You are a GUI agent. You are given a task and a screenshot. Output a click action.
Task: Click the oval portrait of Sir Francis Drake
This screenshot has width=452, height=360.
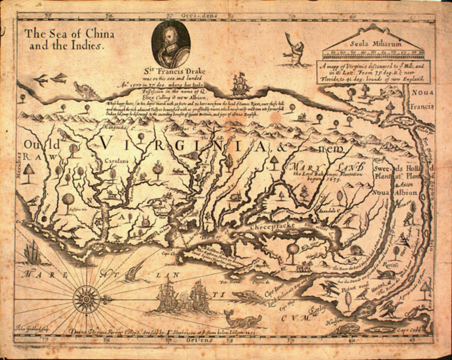[x=170, y=44]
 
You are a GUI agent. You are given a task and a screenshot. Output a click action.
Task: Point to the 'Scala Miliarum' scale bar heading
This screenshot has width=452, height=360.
[x=373, y=44]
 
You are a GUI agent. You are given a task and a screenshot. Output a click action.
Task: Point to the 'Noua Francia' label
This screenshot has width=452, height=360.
[x=422, y=100]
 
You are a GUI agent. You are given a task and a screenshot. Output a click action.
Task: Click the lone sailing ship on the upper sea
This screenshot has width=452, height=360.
[x=240, y=84]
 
